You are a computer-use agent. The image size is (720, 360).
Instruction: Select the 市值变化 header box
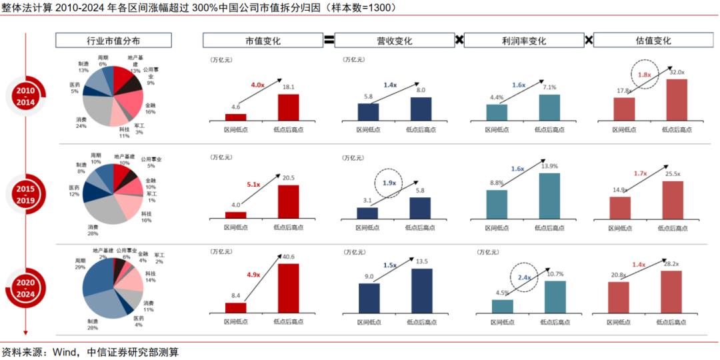[x=263, y=40]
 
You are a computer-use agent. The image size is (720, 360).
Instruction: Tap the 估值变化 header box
[x=653, y=40]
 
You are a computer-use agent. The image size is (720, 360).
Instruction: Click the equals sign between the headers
[x=329, y=40]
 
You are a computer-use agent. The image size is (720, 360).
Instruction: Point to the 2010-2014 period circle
[x=26, y=95]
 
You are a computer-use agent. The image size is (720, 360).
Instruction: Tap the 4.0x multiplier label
[x=258, y=85]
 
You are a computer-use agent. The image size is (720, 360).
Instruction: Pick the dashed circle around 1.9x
[x=390, y=183]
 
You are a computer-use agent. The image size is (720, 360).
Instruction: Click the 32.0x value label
[x=677, y=71]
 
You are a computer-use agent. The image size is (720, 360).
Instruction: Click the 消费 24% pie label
[x=81, y=123]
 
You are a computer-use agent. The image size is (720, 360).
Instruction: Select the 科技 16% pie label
[x=146, y=216]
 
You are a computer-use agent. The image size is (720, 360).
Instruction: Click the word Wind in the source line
[x=66, y=351]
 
